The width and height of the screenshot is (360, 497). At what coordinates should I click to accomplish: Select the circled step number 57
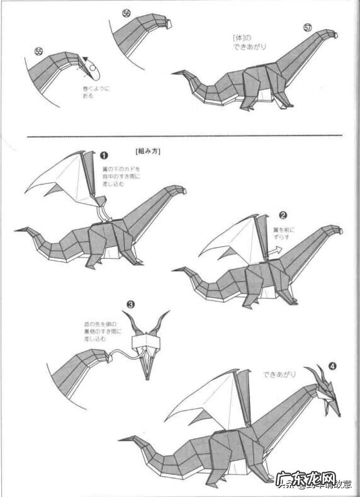(x=307, y=28)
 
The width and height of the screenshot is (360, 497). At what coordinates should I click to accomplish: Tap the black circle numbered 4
(x=332, y=365)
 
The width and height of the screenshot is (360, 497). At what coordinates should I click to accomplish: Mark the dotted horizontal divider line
(x=183, y=135)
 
